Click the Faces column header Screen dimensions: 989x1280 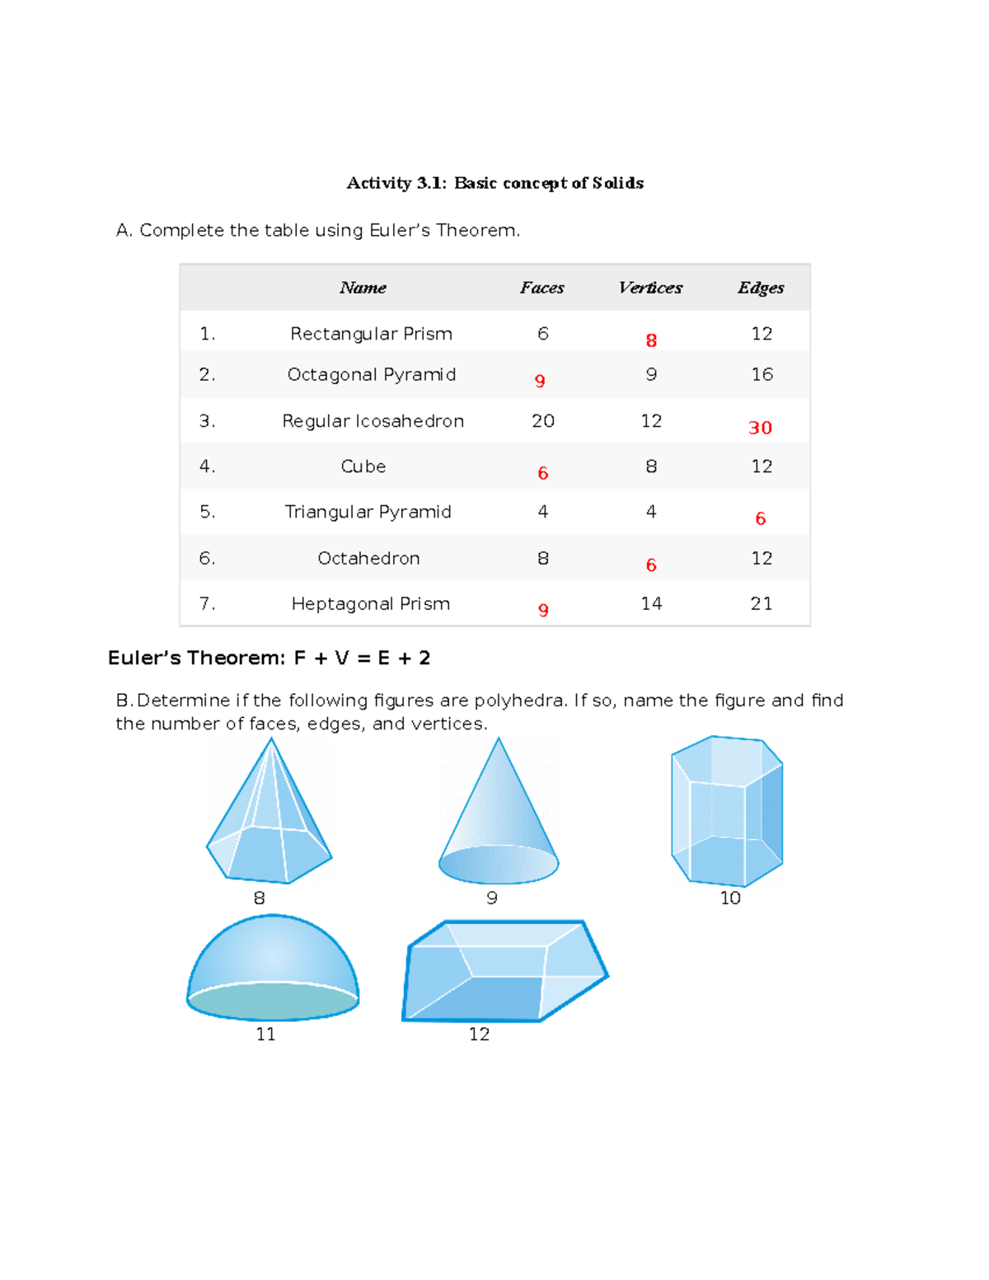541,288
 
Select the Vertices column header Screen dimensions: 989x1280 650,288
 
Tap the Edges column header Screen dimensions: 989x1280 760,288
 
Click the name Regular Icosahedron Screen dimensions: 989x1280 373,421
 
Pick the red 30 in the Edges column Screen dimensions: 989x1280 760,428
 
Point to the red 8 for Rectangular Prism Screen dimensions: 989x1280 651,340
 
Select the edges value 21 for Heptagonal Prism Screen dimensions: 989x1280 761,603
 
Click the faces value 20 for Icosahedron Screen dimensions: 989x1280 542,421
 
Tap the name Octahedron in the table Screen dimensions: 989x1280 368,558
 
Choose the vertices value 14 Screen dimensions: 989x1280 651,603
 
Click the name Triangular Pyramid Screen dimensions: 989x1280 368,512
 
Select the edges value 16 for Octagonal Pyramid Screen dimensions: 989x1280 762,374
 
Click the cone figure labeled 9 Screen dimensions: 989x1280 499,816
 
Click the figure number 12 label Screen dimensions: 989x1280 479,1034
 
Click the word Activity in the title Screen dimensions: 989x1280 378,183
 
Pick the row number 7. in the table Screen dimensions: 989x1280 207,603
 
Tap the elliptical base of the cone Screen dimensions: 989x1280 499,865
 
